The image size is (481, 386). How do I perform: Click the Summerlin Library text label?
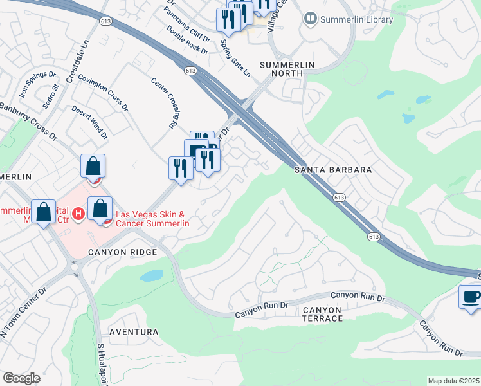coord(357,19)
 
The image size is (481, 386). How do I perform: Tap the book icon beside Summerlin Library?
coord(311,19)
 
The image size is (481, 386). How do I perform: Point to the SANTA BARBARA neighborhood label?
coord(333,170)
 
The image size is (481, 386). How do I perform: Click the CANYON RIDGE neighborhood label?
coord(123,253)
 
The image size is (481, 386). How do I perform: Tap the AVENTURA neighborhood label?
coord(134,332)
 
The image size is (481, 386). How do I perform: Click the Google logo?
coord(21,378)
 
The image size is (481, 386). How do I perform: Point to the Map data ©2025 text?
coord(453,381)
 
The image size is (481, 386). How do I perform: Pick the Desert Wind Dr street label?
coord(89,122)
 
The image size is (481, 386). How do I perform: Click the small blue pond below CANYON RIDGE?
coord(151,276)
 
